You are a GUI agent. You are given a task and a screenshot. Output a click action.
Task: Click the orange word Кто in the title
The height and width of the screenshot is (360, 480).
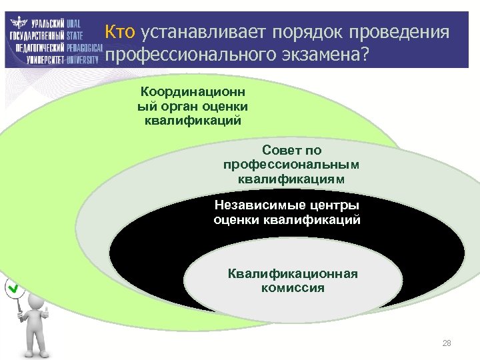(x=121, y=32)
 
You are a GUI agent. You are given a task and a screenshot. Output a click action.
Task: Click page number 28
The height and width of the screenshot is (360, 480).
(x=447, y=343)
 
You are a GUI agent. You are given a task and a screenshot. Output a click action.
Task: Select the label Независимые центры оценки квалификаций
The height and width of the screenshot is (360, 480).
(x=287, y=211)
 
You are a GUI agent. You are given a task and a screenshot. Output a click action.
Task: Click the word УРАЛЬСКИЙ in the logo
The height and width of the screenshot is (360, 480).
(x=46, y=22)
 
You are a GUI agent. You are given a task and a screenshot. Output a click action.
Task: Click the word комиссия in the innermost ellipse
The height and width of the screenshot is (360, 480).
(x=293, y=289)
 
